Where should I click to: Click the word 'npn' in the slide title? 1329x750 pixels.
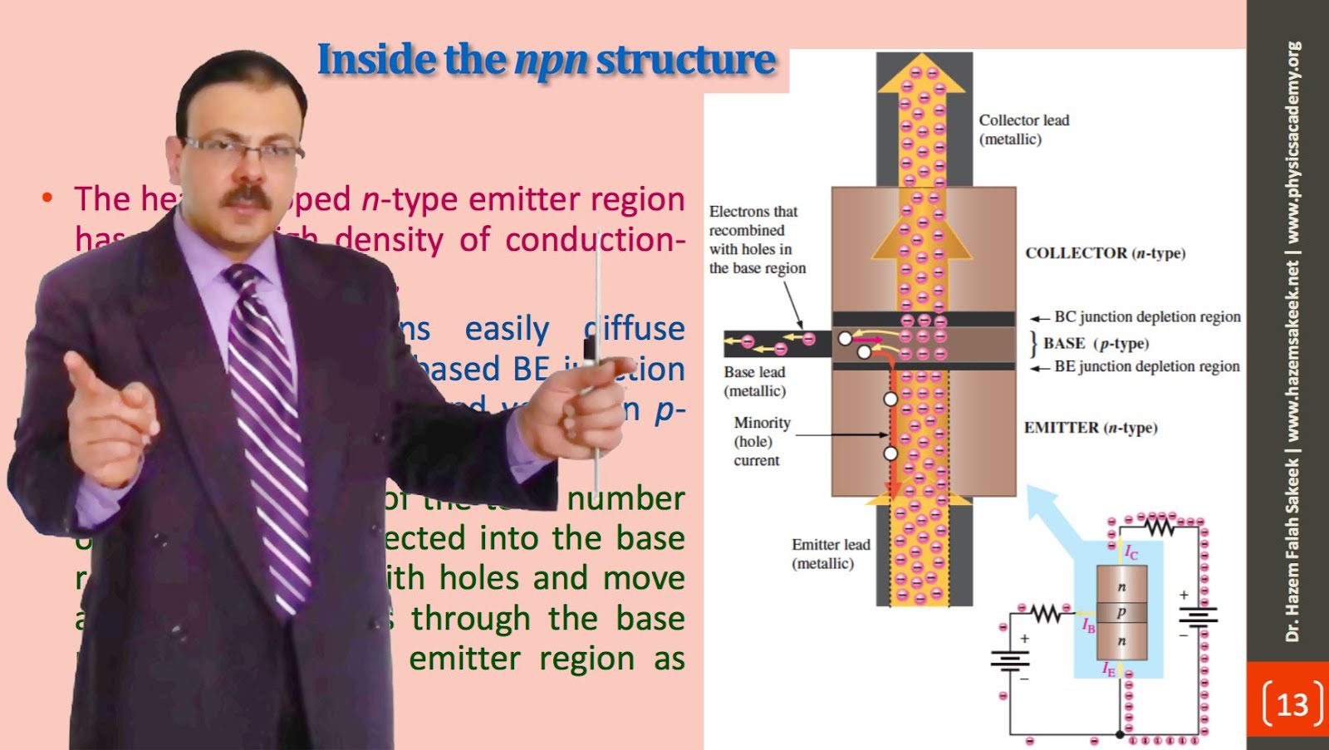tap(551, 61)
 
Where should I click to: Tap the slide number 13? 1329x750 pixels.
tap(1292, 704)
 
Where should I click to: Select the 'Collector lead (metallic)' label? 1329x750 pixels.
tap(1023, 130)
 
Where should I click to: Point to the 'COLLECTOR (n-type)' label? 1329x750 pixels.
tap(1105, 253)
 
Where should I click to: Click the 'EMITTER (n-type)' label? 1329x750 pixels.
tap(1090, 428)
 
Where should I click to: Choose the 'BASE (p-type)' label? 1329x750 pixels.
tap(1096, 344)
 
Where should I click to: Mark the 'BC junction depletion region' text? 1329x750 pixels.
tap(1146, 316)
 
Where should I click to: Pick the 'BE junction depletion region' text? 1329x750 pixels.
tap(1146, 366)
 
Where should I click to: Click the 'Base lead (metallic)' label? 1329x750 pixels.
tap(754, 381)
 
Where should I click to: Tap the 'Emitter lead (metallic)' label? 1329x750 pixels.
tap(830, 554)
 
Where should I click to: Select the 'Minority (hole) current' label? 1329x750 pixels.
tap(761, 441)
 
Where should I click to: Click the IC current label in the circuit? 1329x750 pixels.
tap(1131, 552)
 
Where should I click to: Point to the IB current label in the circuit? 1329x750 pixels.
tap(1088, 625)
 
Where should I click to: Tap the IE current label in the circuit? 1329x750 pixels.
tap(1109, 669)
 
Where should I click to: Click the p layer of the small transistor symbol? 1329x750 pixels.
tap(1121, 612)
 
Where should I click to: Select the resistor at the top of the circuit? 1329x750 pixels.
tap(1160, 526)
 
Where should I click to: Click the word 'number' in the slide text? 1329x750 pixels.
tap(625, 498)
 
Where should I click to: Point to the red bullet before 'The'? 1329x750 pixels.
tap(47, 198)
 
